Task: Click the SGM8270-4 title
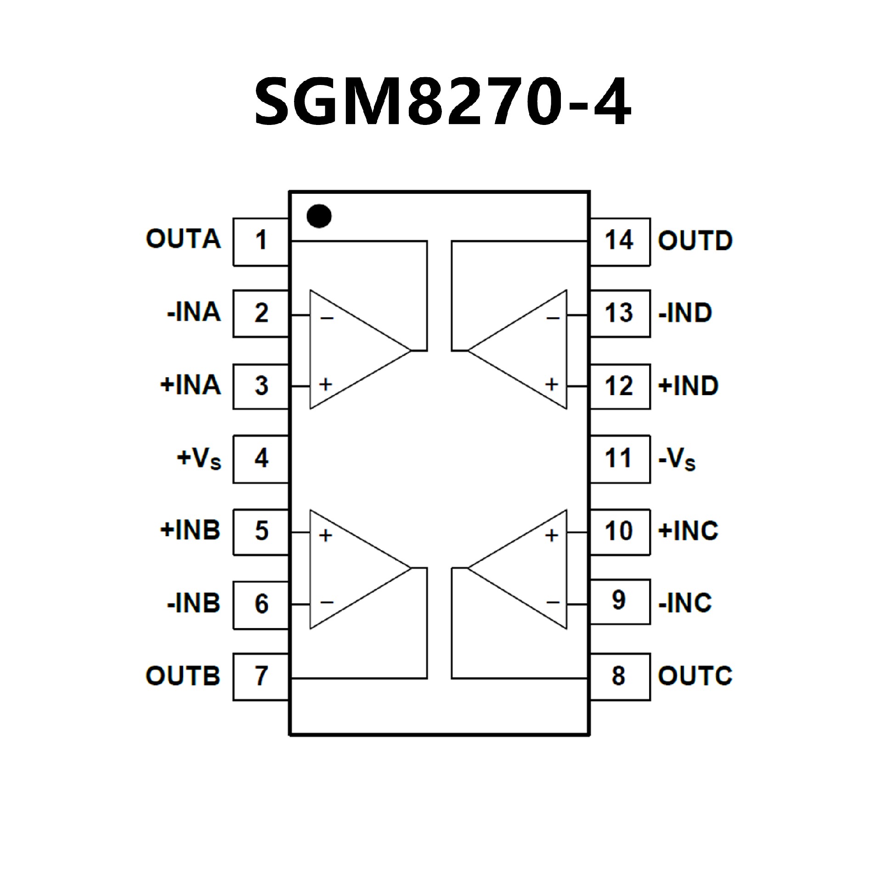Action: [442, 102]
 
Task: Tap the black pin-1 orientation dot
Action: [319, 216]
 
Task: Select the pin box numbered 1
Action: [261, 242]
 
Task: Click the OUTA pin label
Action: [183, 239]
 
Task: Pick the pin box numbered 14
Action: [619, 242]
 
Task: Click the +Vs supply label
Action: [199, 458]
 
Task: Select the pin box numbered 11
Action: [619, 459]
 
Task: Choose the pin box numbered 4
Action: [261, 459]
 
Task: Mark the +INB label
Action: [190, 530]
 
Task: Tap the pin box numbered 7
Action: [261, 676]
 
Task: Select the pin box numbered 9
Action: [619, 601]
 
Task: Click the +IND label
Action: [688, 386]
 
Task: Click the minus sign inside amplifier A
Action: [327, 318]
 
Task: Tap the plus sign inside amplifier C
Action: [552, 535]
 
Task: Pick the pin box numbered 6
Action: [261, 604]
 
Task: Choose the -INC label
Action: [685, 603]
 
